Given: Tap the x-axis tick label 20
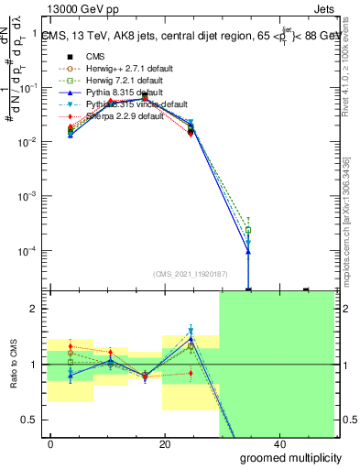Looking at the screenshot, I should tap(165, 444).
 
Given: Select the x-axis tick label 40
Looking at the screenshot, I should tap(279, 444).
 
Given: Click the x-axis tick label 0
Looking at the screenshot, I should tap(51, 444).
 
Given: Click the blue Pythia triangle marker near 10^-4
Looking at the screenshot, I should tap(248, 252).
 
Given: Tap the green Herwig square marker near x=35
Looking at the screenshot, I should tap(248, 230).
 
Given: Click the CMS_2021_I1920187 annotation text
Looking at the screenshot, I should tap(189, 273).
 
